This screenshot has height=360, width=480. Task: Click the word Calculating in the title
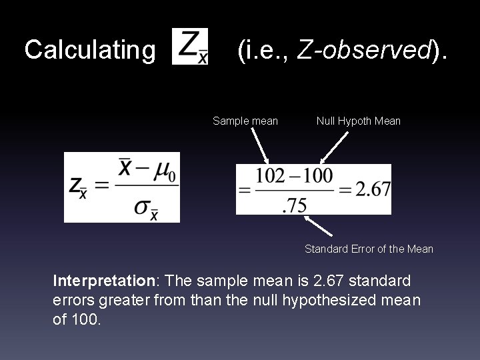pos(89,50)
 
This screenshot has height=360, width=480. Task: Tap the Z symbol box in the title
pos(190,47)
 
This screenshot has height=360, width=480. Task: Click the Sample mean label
pos(245,121)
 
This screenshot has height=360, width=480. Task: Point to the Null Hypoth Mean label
pos(359,121)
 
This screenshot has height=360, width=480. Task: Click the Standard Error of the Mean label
pos(369,249)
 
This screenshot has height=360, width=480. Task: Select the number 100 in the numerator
pos(317,175)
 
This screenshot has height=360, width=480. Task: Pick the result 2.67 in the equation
pos(373,189)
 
